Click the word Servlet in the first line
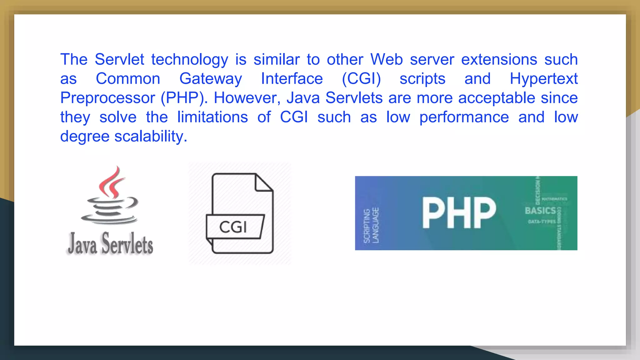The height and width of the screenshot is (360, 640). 119,59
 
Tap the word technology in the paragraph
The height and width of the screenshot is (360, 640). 190,60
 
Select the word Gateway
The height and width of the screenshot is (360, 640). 211,79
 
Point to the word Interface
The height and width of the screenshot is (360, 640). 292,78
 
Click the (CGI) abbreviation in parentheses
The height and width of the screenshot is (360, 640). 361,79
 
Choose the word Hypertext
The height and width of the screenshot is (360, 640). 543,79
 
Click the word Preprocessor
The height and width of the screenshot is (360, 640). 107,98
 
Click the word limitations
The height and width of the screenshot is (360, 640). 212,117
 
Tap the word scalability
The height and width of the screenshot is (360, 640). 151,137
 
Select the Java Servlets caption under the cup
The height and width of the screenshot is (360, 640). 110,244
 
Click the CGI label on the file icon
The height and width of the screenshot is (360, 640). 233,227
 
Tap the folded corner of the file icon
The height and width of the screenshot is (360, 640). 263,182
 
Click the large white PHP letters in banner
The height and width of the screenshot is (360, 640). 459,213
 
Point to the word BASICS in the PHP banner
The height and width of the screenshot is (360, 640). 540,211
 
